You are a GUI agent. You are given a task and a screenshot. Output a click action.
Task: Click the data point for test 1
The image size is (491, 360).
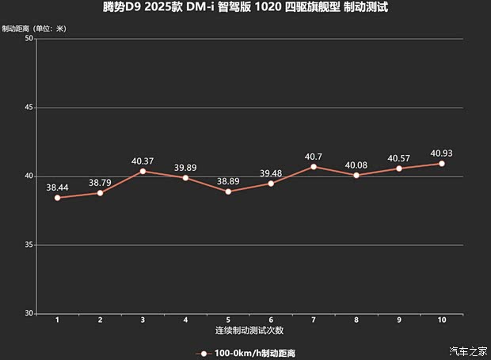pyautogui.click(x=57, y=198)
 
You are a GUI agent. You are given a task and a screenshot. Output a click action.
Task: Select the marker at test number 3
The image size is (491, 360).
pyautogui.click(x=143, y=171)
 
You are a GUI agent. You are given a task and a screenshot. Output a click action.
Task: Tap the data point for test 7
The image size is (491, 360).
pyautogui.click(x=314, y=166)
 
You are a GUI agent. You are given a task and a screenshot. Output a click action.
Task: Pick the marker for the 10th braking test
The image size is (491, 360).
pyautogui.click(x=441, y=163)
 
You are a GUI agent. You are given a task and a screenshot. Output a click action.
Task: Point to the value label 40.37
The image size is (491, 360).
pyautogui.click(x=143, y=161)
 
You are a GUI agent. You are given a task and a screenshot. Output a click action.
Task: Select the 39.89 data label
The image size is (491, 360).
pyautogui.click(x=185, y=167)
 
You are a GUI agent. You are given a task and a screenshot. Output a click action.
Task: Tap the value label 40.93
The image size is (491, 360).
pyautogui.click(x=441, y=153)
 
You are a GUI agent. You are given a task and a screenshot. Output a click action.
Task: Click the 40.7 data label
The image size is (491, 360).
pyautogui.click(x=314, y=156)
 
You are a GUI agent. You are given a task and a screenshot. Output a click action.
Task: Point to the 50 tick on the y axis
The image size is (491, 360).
pyautogui.click(x=29, y=39)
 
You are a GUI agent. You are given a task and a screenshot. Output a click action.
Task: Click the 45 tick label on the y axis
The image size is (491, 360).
pyautogui.click(x=29, y=108)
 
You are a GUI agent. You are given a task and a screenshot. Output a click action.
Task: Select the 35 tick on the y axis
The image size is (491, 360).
pyautogui.click(x=29, y=245)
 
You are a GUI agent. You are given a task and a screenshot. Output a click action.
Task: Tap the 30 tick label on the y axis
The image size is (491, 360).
pyautogui.click(x=29, y=314)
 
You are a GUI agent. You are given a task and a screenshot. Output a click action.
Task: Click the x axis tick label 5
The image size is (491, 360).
pyautogui.click(x=228, y=320)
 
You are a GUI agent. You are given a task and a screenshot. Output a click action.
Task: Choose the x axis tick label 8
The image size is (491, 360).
pyautogui.click(x=356, y=320)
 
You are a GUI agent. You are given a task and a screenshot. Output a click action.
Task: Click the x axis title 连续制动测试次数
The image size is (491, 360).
pyautogui.click(x=249, y=329)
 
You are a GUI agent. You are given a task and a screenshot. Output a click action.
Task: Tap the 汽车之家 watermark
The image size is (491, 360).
pyautogui.click(x=466, y=351)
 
